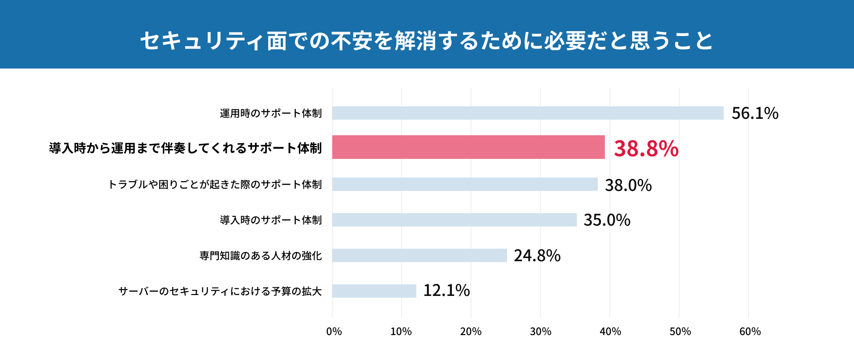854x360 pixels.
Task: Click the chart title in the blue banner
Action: coord(426,40)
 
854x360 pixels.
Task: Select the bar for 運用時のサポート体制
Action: coord(528,113)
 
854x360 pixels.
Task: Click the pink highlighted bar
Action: coord(468,147)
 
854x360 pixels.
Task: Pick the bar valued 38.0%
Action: coord(465,184)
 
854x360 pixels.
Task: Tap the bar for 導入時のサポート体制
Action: coord(454,220)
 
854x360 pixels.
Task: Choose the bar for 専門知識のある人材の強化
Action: coord(419,255)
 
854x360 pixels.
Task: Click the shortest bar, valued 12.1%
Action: coord(374,291)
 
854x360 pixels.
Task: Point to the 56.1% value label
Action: coord(755,113)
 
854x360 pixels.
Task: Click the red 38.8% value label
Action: coord(646,149)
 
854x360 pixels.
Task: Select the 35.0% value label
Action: coord(607,220)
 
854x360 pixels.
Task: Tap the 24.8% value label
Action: coord(537,256)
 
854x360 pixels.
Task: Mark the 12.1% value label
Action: coord(446,291)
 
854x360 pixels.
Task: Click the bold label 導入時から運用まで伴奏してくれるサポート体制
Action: coord(185,148)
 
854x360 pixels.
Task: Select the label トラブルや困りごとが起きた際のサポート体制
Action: coord(215,185)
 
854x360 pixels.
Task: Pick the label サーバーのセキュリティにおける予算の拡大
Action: coord(220,291)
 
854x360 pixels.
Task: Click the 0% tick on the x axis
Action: coord(334,332)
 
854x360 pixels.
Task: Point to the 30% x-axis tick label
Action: coord(540,332)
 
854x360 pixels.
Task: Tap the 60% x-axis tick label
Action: coord(750,332)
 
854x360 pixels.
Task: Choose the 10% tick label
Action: coord(401,332)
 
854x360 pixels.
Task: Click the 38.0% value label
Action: coord(628,185)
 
